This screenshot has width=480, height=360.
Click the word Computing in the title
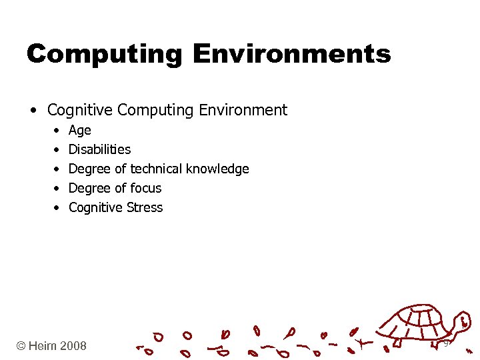(x=104, y=54)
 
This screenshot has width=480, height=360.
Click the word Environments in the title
(x=291, y=53)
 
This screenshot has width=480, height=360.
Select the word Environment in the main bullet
(x=246, y=110)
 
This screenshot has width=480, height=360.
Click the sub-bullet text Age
(x=80, y=131)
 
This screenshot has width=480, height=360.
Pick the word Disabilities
(x=99, y=149)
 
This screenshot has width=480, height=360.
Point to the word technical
(x=157, y=169)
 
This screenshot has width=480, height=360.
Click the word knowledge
(x=217, y=169)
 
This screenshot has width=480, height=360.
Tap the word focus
(x=146, y=188)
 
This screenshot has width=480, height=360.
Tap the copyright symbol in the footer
(x=21, y=345)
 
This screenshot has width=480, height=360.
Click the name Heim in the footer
(x=43, y=345)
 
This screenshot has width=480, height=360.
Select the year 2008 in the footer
(x=73, y=345)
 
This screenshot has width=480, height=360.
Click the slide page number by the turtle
(x=446, y=343)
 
